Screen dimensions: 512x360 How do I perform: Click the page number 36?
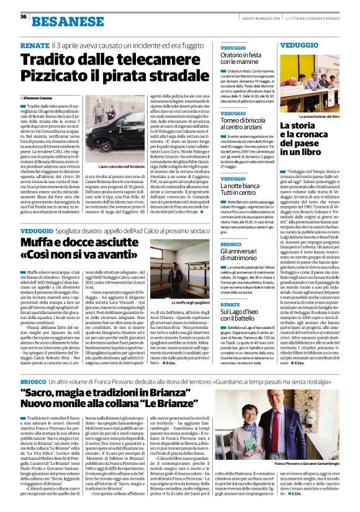(x=24, y=17)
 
